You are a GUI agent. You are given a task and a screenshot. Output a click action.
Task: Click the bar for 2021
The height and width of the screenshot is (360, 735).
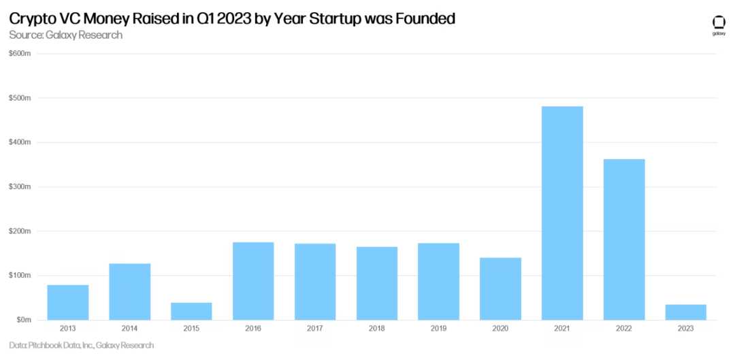tap(562, 213)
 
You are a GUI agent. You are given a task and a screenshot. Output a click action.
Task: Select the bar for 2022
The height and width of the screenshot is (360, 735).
tap(624, 240)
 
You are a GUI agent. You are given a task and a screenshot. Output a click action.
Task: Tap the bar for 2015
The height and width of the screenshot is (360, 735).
tap(191, 311)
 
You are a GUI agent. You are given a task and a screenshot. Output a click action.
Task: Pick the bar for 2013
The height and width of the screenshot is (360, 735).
tap(68, 302)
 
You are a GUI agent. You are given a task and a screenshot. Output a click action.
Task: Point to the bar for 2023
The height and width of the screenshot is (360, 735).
tap(685, 312)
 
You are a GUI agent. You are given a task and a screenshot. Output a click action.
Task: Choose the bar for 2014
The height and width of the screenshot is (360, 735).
tap(130, 291)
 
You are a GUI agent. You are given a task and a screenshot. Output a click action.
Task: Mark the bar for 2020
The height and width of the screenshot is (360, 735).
tap(500, 289)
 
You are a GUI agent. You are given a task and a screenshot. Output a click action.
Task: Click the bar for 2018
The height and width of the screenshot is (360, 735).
tap(377, 283)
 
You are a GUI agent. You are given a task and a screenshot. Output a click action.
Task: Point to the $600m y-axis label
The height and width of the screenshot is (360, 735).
tap(20, 54)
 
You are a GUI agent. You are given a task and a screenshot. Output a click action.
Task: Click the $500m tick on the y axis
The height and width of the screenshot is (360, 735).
tap(20, 98)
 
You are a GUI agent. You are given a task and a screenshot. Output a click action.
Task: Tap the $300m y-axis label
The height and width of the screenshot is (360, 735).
tap(20, 187)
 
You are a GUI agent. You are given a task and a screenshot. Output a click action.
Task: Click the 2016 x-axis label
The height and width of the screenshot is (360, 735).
tap(253, 329)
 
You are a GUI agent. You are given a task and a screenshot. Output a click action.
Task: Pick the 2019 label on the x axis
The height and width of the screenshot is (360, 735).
tap(438, 329)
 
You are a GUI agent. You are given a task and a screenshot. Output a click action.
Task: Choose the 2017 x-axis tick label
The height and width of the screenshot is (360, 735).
tap(315, 329)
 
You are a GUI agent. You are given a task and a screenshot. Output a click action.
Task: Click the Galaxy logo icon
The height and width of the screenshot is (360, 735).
tap(718, 22)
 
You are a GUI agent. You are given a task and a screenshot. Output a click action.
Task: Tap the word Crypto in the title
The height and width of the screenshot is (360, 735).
tap(33, 19)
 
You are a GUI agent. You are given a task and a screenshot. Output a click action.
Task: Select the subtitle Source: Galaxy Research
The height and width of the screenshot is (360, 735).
tap(66, 35)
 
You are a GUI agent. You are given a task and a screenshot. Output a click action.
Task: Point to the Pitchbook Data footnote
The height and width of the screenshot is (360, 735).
tap(82, 346)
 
